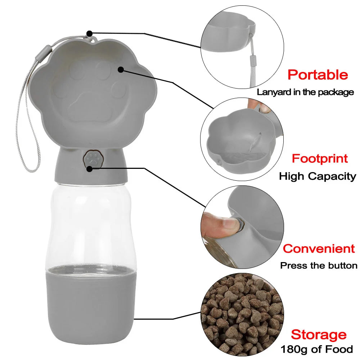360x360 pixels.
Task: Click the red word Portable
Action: coord(318,75)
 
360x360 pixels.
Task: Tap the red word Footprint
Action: coord(320,158)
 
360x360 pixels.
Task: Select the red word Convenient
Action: coord(319,248)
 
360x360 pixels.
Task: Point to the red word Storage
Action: coord(319,334)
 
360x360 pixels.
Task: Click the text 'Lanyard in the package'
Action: coord(305,92)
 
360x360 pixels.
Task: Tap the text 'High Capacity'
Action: coord(318,176)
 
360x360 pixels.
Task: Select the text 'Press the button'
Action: coord(319,266)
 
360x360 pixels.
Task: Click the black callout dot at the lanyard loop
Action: coord(90,33)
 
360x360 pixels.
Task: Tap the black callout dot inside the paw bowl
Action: coord(121,69)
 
